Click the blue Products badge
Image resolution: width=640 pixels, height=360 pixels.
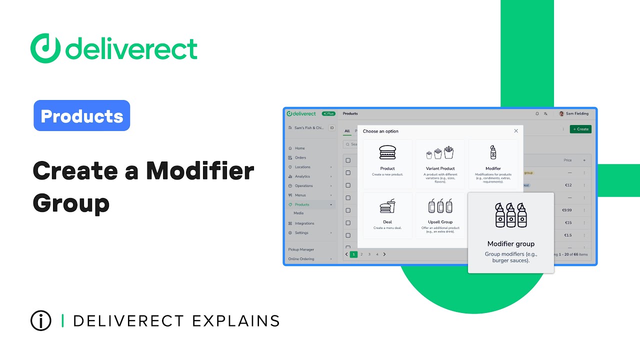(x=81, y=115)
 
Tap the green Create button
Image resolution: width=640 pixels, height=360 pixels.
(x=580, y=129)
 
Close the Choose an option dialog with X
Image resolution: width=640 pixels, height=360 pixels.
(x=516, y=131)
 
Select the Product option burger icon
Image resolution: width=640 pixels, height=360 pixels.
(x=387, y=152)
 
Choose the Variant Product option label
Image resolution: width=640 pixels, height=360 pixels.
(x=440, y=168)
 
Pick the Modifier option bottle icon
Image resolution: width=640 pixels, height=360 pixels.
(x=493, y=152)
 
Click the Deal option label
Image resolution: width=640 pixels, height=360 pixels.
(x=387, y=222)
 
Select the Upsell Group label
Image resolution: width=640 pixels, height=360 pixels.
(x=440, y=222)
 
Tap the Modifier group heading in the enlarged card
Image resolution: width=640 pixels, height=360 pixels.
(x=510, y=244)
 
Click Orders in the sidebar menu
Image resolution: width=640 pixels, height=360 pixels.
(x=300, y=157)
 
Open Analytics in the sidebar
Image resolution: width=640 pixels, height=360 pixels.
(x=302, y=176)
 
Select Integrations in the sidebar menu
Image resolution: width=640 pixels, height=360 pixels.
(x=304, y=223)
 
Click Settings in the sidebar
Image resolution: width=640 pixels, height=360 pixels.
(x=301, y=233)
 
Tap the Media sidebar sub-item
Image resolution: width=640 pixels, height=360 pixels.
(x=298, y=213)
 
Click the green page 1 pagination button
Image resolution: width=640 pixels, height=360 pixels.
(x=354, y=254)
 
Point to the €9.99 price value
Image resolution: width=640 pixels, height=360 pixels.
(x=566, y=210)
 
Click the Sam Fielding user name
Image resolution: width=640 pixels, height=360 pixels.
(x=577, y=113)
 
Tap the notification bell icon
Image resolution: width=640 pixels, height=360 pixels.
(x=537, y=113)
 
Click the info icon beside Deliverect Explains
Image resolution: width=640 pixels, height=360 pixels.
(x=41, y=320)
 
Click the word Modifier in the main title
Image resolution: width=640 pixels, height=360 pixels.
(x=200, y=171)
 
